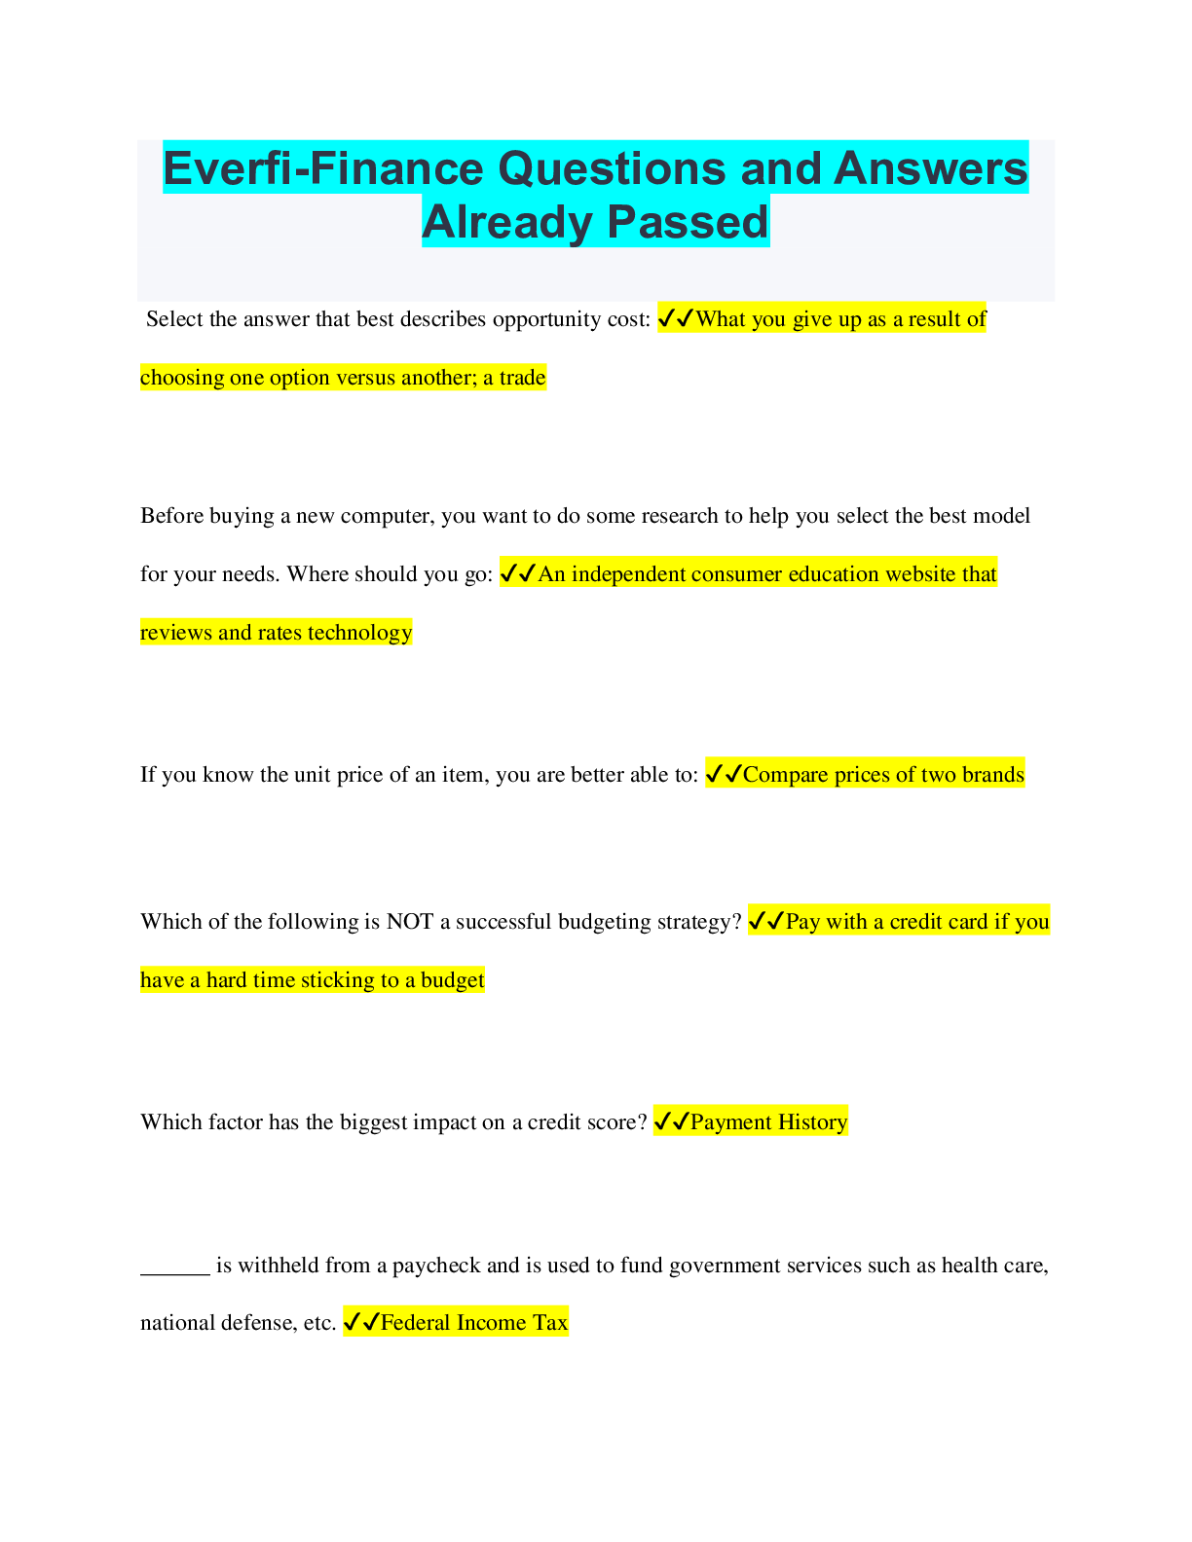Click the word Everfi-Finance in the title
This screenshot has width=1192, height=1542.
pyautogui.click(x=322, y=168)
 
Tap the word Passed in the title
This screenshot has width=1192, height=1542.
pyautogui.click(x=689, y=222)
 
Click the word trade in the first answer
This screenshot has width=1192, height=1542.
pyautogui.click(x=522, y=378)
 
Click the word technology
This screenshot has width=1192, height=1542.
pyautogui.click(x=359, y=633)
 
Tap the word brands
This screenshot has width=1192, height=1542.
pyautogui.click(x=992, y=775)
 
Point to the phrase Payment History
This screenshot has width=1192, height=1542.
pyautogui.click(x=768, y=1122)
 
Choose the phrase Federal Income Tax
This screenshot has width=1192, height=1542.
pyautogui.click(x=474, y=1323)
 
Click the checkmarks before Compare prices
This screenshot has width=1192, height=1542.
pyautogui.click(x=723, y=775)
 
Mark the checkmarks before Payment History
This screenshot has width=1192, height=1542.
pyautogui.click(x=670, y=1122)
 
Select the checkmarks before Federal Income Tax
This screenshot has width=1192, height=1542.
pyautogui.click(x=360, y=1323)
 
